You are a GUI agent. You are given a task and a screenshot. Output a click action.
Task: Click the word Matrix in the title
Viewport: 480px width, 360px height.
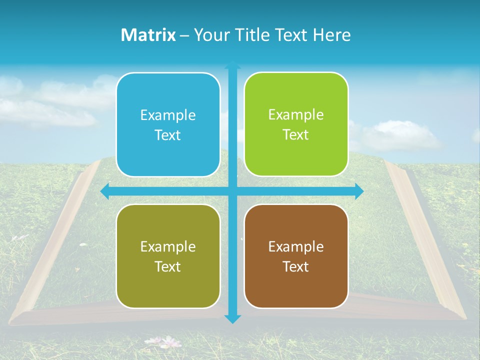point(148,35)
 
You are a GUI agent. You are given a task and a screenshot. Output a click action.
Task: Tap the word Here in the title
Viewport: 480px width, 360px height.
point(332,35)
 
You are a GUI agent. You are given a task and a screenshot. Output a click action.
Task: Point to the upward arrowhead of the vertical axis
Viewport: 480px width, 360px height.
point(232,65)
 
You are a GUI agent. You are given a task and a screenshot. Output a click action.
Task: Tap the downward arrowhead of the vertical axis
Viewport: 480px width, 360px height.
point(232,318)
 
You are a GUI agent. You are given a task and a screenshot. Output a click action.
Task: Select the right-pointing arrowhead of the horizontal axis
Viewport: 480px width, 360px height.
point(359,191)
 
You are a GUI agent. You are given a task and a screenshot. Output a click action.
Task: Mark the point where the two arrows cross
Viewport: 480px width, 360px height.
point(232,191)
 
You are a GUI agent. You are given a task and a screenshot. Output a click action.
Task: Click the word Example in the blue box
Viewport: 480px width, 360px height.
point(168,115)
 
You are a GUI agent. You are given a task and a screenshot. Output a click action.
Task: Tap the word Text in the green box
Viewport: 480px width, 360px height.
point(296,135)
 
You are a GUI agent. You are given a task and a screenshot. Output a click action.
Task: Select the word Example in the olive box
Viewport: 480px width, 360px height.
point(168,247)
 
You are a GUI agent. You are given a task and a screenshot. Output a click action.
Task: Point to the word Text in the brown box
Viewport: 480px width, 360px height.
point(296,267)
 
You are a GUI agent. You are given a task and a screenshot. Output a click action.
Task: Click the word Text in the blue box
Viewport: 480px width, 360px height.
point(168,135)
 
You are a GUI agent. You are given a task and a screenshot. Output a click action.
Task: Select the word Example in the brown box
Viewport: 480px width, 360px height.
point(296,246)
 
